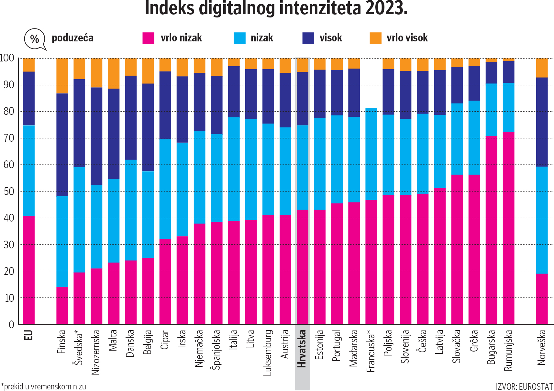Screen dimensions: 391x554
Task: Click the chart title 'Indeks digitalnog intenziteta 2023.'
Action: tap(276, 8)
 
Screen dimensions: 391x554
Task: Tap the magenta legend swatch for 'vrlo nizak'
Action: tap(149, 38)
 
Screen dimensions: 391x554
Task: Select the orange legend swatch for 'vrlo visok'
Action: tap(375, 38)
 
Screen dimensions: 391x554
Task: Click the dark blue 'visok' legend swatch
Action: tap(308, 38)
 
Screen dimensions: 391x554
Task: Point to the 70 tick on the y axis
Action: tap(9, 138)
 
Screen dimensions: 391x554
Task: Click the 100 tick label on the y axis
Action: tap(7, 58)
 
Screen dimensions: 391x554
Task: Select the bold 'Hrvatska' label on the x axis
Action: tap(302, 349)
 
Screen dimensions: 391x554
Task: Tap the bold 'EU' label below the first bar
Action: tap(28, 335)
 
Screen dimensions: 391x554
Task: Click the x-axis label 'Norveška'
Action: tap(542, 347)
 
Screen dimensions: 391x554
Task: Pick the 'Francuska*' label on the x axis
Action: tap(371, 351)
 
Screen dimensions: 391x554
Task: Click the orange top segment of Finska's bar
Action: tap(62, 76)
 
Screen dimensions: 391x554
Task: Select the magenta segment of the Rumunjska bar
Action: tap(508, 228)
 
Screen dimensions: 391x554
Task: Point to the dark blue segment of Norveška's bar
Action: tap(542, 122)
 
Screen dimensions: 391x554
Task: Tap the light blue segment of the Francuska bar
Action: tap(371, 154)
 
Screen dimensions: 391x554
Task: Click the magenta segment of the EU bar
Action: tap(28, 270)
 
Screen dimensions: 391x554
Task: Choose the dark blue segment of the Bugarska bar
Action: tap(491, 73)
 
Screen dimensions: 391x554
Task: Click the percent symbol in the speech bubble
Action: tap(34, 39)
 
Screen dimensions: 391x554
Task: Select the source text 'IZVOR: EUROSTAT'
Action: tap(524, 386)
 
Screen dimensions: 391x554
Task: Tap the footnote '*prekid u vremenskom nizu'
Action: tap(44, 386)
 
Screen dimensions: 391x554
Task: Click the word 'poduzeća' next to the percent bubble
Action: tap(72, 38)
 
